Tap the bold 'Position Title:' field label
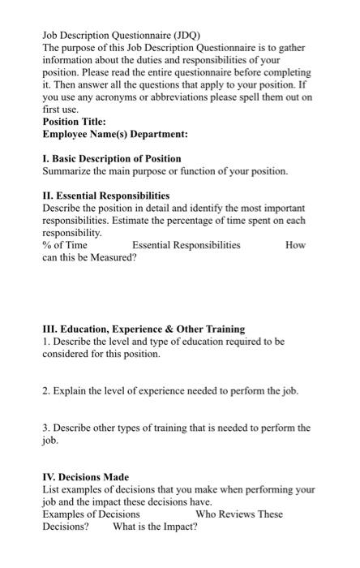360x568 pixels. coord(74,122)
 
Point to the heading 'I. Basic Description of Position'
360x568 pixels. coord(111,158)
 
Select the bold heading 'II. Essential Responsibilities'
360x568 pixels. coord(105,196)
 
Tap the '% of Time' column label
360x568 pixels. coord(65,244)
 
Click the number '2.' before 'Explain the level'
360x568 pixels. coord(46,391)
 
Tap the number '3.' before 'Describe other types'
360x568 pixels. coord(46,428)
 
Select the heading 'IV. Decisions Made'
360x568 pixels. coord(85,476)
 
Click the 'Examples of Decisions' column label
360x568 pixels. coord(91,514)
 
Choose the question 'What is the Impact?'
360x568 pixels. coord(155,526)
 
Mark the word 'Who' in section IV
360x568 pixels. coord(206,514)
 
